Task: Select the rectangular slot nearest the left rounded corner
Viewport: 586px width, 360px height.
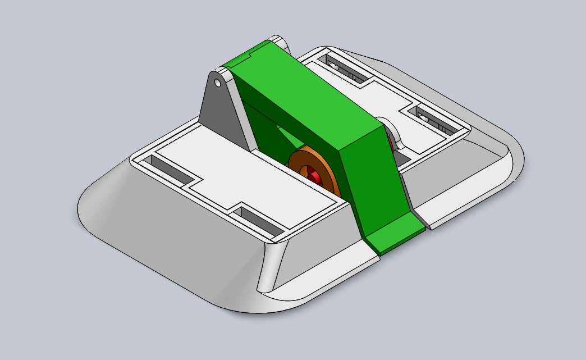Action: (168, 168)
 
